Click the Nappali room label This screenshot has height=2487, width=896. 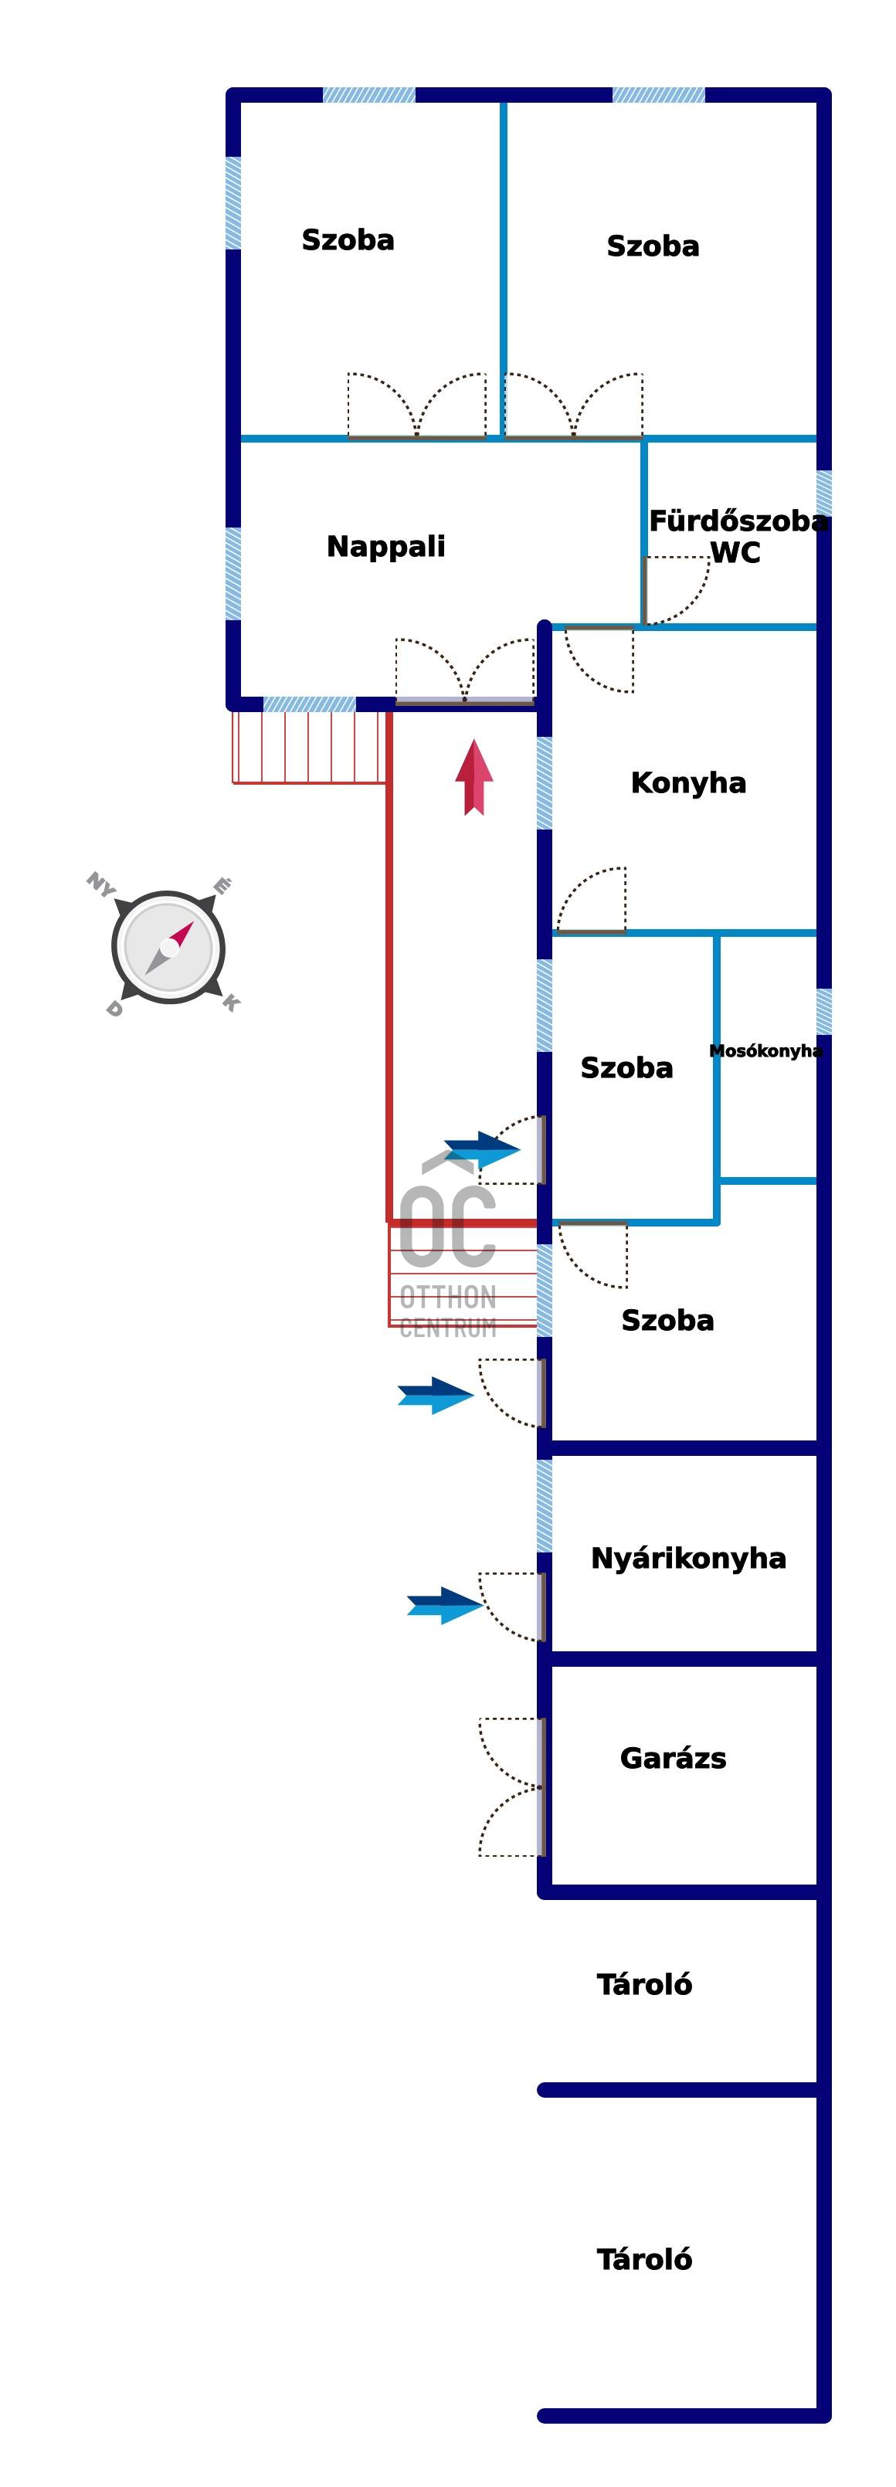pyautogui.click(x=385, y=547)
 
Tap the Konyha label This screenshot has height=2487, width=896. pyautogui.click(x=687, y=783)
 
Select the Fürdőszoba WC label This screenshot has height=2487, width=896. pyautogui.click(x=737, y=537)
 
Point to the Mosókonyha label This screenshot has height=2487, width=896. pyautogui.click(x=765, y=1050)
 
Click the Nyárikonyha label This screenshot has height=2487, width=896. pyautogui.click(x=687, y=1559)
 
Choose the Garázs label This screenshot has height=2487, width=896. pyautogui.click(x=672, y=1758)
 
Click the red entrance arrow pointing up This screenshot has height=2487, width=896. pyautogui.click(x=474, y=777)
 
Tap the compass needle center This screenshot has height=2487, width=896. pyautogui.click(x=169, y=947)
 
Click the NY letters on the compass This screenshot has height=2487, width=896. pyautogui.click(x=100, y=884)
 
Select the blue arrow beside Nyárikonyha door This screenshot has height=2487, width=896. pyautogui.click(x=444, y=1606)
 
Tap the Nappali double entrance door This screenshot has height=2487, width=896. pyautogui.click(x=464, y=670)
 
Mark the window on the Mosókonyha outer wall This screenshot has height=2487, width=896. pyautogui.click(x=823, y=1011)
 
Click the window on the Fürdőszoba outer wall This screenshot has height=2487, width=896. pyautogui.click(x=823, y=494)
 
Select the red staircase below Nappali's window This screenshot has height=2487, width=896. pyautogui.click(x=309, y=746)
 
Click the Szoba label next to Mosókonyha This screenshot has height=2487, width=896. pyautogui.click(x=626, y=1067)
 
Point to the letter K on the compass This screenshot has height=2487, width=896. pyautogui.click(x=231, y=1003)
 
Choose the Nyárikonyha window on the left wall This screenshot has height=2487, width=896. pyautogui.click(x=545, y=1505)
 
